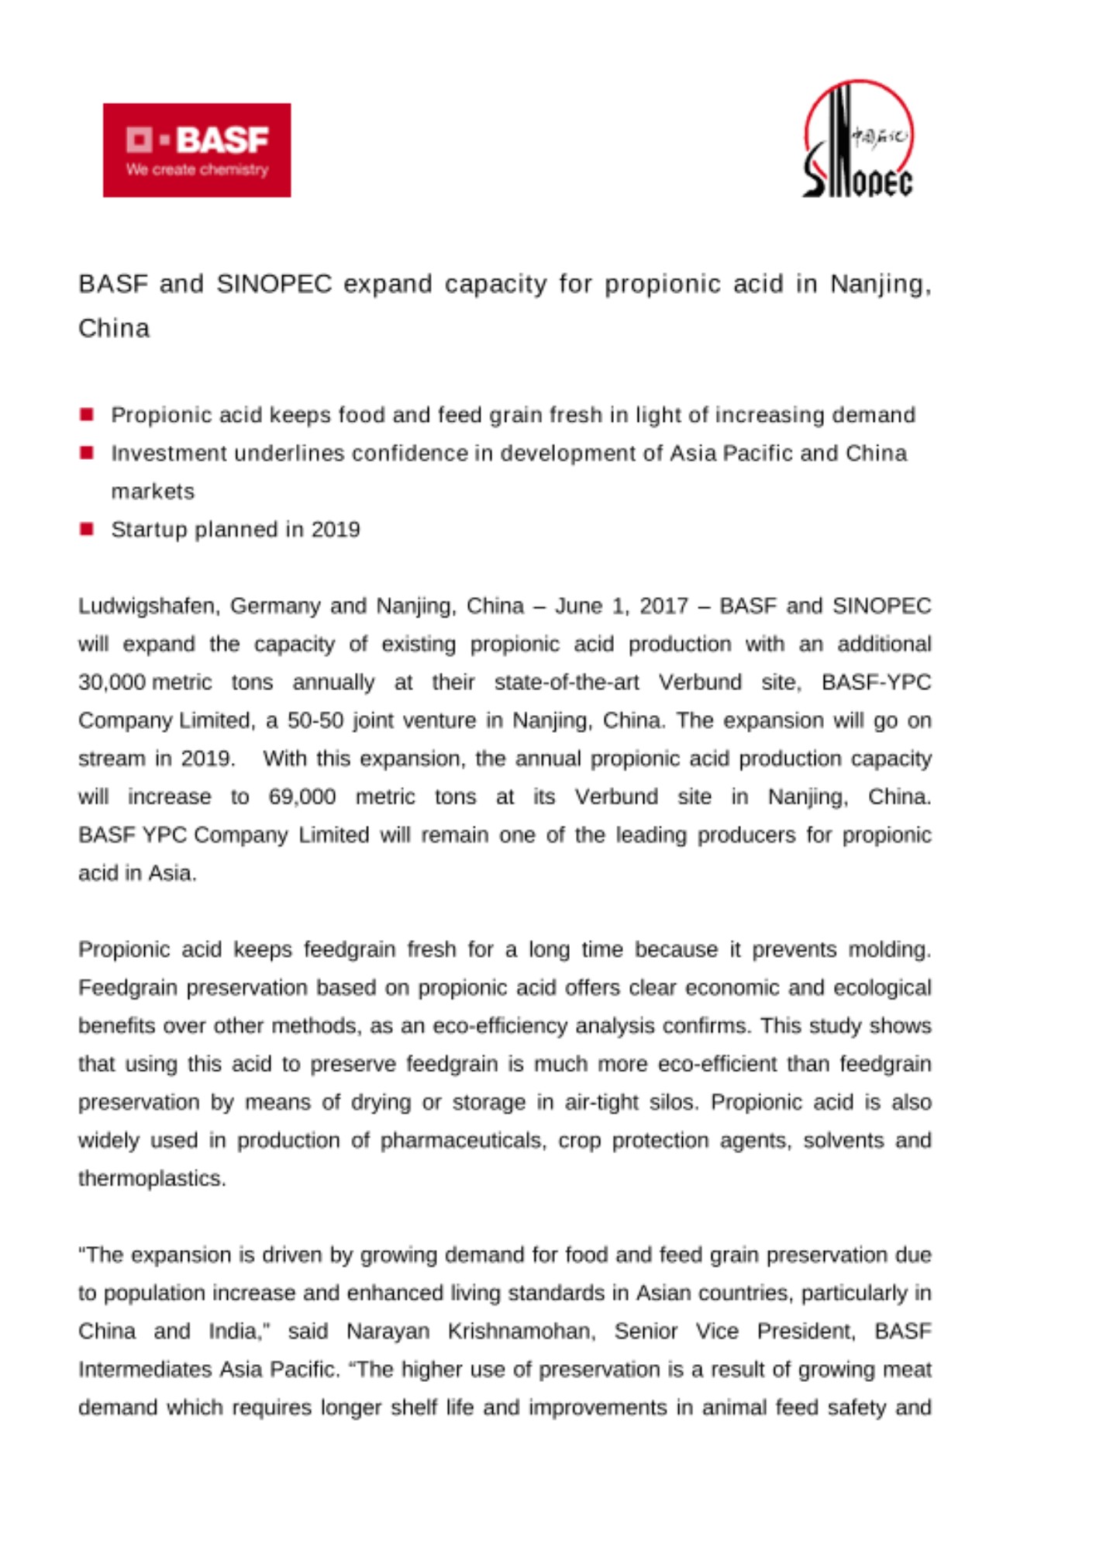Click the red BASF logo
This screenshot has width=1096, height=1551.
(197, 150)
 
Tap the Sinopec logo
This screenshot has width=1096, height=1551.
(858, 140)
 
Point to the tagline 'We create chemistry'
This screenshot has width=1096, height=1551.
(197, 170)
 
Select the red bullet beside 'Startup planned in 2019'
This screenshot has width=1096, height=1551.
(87, 529)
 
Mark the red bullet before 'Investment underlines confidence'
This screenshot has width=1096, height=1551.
(87, 453)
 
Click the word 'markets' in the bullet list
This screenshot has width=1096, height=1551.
(153, 492)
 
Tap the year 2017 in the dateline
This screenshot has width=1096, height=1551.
(663, 606)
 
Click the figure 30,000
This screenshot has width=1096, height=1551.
(112, 682)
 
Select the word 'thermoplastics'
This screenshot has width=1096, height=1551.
(151, 1179)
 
